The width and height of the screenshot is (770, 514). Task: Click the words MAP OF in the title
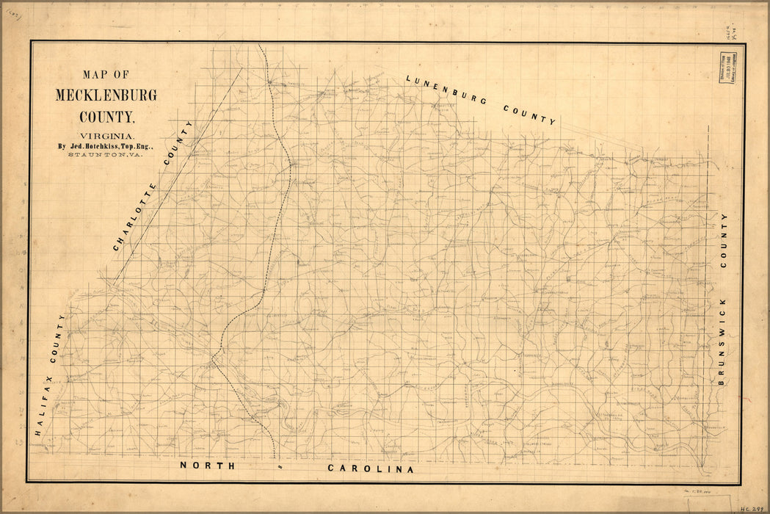(106, 74)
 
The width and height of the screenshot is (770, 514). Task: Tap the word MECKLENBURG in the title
(106, 95)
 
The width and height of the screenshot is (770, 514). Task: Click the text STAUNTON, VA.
(106, 155)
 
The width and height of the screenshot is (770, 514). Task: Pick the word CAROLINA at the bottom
(371, 468)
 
